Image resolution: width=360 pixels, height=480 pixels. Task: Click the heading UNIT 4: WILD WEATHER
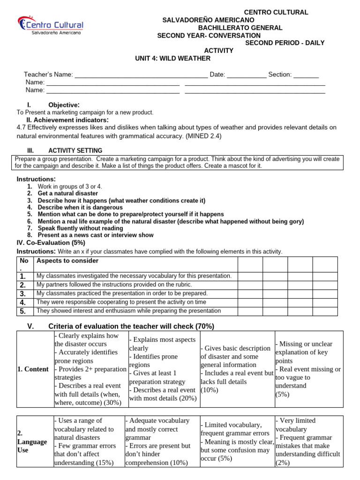click(172, 58)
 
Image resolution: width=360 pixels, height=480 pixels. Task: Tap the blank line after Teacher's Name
click(141, 75)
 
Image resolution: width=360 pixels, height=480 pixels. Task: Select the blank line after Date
click(247, 75)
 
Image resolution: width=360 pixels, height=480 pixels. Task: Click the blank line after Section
click(306, 75)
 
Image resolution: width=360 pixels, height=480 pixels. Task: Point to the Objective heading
click(64, 105)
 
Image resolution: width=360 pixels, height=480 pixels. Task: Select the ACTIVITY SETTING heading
click(75, 150)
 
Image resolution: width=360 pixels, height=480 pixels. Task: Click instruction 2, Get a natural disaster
click(68, 193)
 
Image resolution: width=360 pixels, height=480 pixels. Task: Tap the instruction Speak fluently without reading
click(81, 228)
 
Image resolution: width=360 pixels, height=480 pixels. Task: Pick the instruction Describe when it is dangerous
click(80, 207)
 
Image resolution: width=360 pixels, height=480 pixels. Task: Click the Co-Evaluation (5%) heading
click(51, 242)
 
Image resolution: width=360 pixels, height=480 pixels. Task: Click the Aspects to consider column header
click(67, 261)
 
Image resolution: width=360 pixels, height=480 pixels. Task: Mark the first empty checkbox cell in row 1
click(250, 276)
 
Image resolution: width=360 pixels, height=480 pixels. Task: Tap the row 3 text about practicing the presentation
click(122, 293)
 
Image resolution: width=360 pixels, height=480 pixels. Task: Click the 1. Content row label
click(33, 369)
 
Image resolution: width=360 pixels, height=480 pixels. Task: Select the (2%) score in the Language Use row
click(283, 463)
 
